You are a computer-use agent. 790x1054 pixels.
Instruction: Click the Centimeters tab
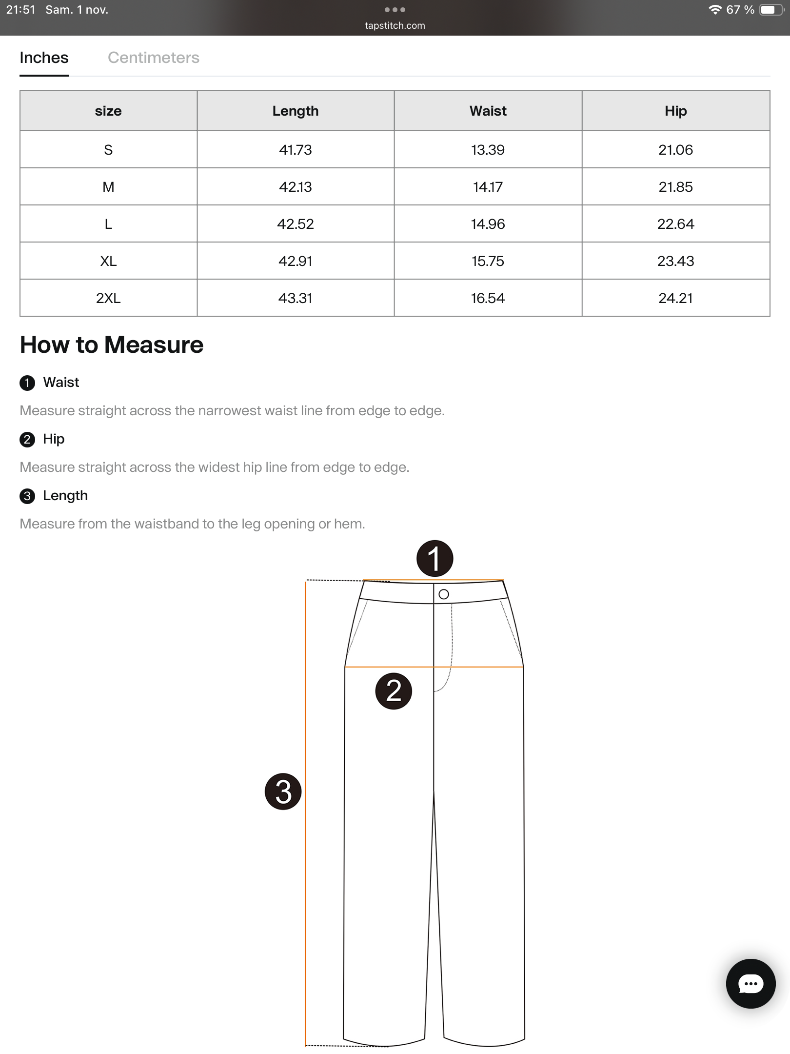tap(153, 58)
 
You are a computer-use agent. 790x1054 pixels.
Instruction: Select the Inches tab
tap(44, 58)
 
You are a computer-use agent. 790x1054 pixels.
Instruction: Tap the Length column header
tap(295, 111)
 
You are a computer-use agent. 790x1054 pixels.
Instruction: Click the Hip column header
tap(675, 111)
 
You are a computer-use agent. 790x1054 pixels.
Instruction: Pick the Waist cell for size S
tap(488, 150)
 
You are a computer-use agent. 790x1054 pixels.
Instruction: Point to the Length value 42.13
tap(295, 187)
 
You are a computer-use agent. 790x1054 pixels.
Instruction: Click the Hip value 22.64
tap(675, 224)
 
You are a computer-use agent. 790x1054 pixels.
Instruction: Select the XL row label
tap(108, 261)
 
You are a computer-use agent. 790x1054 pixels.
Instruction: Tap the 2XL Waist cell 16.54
tap(488, 298)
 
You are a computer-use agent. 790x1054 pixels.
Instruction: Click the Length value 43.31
tap(295, 298)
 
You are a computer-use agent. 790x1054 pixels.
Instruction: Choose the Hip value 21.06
tap(675, 150)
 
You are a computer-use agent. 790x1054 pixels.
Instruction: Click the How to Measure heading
tap(112, 345)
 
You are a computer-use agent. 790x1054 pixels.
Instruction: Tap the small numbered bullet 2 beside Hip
tap(27, 439)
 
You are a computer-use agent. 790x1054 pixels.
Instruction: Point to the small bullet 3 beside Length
tap(27, 496)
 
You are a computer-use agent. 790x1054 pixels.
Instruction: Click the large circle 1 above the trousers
tap(434, 558)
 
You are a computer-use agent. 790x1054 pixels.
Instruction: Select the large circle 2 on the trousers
tap(394, 691)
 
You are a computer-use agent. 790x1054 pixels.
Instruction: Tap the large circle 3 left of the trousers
tap(283, 791)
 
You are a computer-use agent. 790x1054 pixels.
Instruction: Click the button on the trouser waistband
tap(444, 594)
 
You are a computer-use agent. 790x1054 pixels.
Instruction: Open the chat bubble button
tap(750, 983)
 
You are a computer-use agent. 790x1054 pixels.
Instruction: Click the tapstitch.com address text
tap(395, 25)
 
